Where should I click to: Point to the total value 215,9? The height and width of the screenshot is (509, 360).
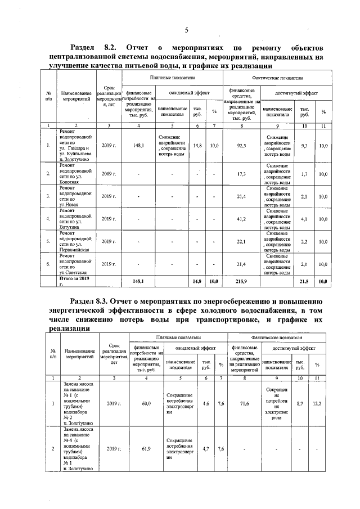[242, 280]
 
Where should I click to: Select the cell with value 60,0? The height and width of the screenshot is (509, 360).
[146, 403]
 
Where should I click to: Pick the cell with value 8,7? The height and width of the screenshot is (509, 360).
[301, 403]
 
